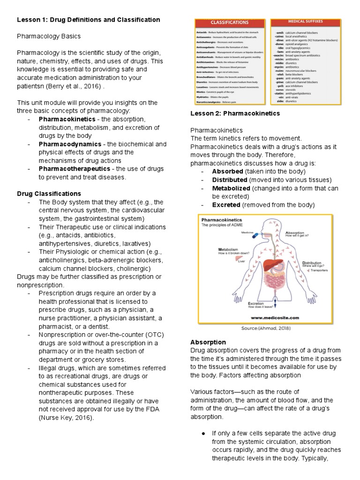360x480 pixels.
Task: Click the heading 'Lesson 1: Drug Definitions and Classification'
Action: pyautogui.click(x=89, y=20)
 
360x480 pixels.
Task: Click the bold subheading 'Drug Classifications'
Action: pyautogui.click(x=49, y=194)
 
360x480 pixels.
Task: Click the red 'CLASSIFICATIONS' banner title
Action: pyautogui.click(x=229, y=22)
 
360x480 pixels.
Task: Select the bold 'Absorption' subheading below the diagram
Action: pyautogui.click(x=208, y=342)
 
